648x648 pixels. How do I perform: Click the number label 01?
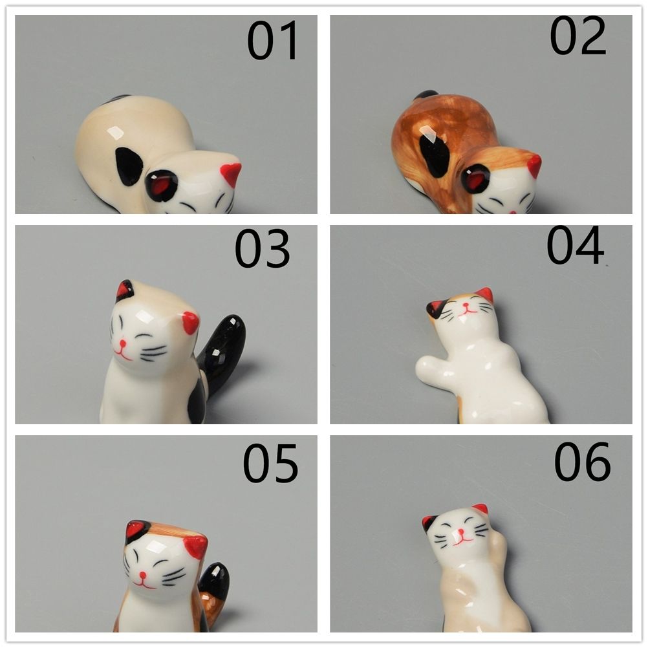(273, 40)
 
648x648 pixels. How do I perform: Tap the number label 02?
(578, 36)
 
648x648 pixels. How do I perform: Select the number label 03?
(262, 249)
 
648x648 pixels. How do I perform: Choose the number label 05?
(270, 463)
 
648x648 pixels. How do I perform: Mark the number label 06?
(582, 461)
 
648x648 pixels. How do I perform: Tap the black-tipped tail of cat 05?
(215, 580)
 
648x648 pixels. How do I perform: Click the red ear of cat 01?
(231, 173)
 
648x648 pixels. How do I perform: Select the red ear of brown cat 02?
(534, 166)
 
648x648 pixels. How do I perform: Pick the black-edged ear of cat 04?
(435, 308)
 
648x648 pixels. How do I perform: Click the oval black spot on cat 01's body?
(129, 166)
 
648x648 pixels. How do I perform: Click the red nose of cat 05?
(143, 575)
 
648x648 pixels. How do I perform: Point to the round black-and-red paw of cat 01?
(162, 186)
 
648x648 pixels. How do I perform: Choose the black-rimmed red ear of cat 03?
(125, 291)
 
